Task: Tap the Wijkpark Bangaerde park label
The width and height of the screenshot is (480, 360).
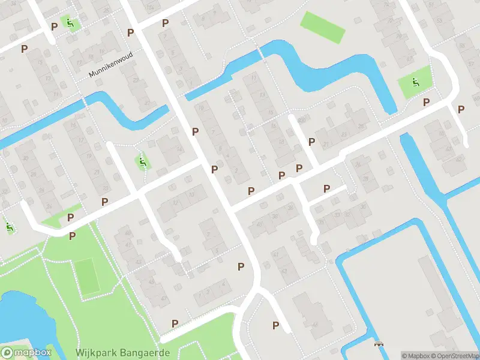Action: coord(122,353)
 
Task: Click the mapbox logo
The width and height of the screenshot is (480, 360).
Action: coord(26,353)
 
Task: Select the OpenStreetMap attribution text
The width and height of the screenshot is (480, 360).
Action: coord(454,356)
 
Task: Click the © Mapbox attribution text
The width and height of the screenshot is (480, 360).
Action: coord(414,356)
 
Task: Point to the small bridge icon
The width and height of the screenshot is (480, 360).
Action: coord(379,344)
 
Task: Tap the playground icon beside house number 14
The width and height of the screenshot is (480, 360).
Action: coord(142,161)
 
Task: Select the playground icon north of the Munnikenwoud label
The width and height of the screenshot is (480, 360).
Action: coord(70,23)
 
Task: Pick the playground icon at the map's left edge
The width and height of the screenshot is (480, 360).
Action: coord(9,227)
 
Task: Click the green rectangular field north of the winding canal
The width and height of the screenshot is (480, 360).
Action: coord(323,27)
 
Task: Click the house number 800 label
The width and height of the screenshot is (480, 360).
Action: coord(301,121)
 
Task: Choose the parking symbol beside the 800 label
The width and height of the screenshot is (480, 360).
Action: coord(311,142)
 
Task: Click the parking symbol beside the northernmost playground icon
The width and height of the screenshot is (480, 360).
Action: coord(55,26)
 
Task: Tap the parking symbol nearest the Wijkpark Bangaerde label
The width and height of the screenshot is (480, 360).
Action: coord(175,323)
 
